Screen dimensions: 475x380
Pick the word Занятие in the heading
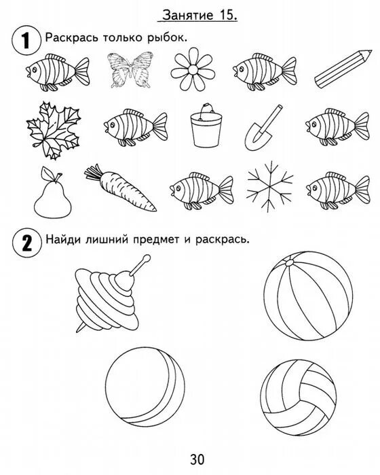tap(185, 15)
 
